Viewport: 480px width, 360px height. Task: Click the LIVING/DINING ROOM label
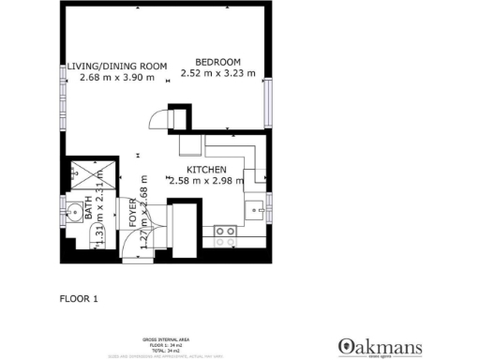pyautogui.click(x=117, y=66)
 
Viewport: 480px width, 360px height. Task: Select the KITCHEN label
pyautogui.click(x=204, y=169)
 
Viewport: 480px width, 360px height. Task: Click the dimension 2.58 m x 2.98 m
pyautogui.click(x=204, y=180)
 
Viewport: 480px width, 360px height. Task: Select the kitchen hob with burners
pyautogui.click(x=225, y=235)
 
